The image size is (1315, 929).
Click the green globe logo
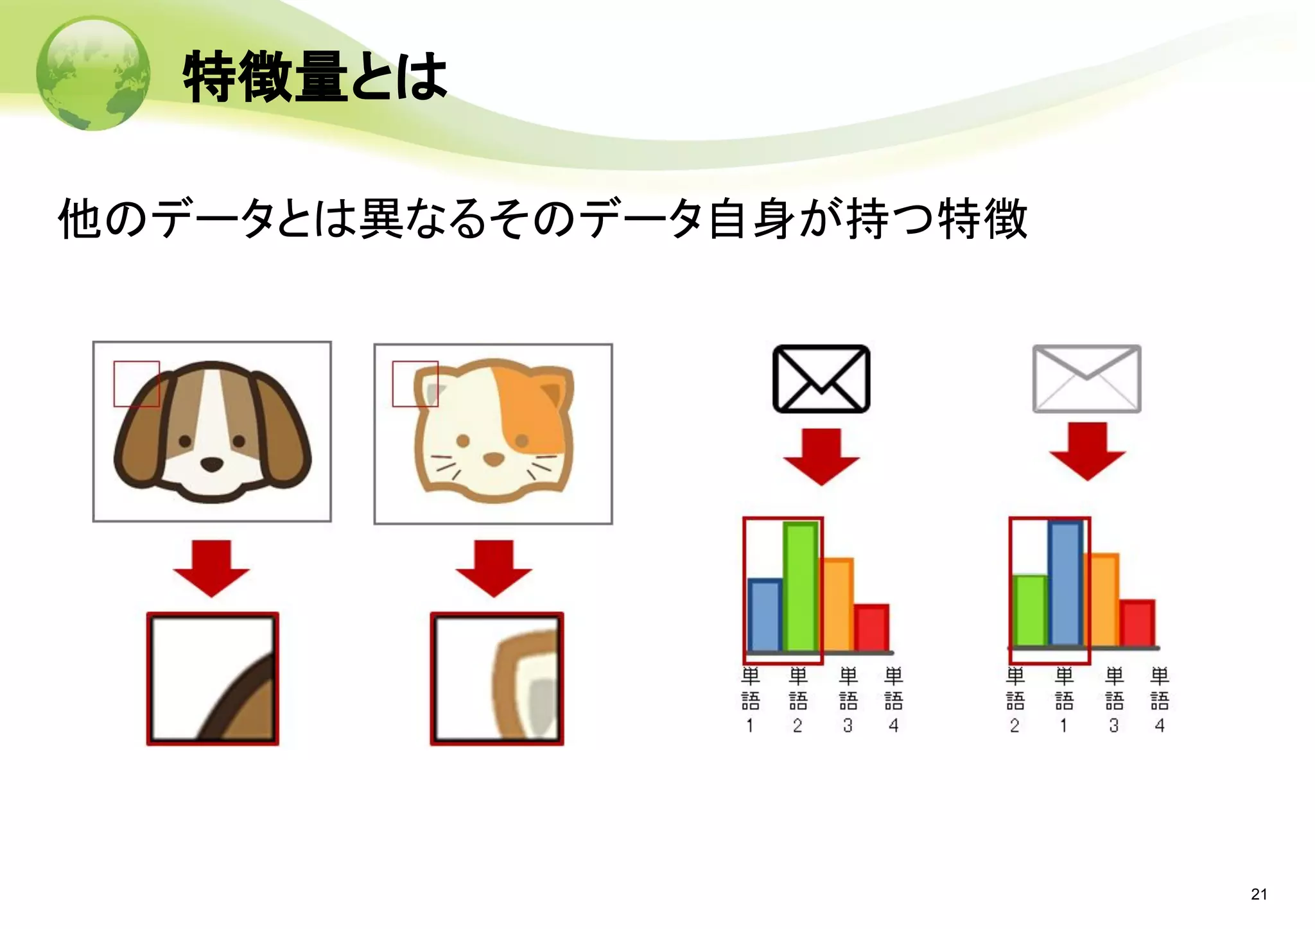(x=94, y=73)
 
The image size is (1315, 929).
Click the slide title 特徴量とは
(x=315, y=77)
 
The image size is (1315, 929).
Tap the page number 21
(x=1258, y=894)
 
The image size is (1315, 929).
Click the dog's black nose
(x=212, y=464)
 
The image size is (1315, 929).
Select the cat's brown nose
(x=493, y=459)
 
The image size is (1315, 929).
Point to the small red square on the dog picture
(x=136, y=384)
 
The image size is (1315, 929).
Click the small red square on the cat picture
(x=415, y=384)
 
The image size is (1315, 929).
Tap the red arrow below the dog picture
(x=211, y=568)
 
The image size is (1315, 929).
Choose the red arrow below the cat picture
(x=493, y=568)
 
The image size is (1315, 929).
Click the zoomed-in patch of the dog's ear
(x=213, y=679)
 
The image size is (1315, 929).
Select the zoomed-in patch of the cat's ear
(x=496, y=679)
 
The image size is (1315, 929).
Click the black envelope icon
(x=821, y=379)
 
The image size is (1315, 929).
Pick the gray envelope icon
(x=1086, y=379)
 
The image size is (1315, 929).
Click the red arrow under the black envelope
(x=821, y=456)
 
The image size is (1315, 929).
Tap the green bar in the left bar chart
(x=801, y=587)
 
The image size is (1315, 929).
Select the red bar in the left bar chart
(x=871, y=628)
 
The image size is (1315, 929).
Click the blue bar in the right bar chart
(x=1065, y=584)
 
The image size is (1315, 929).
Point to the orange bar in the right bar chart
(x=1101, y=600)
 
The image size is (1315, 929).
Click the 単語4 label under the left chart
(x=893, y=700)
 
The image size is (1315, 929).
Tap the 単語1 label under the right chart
(x=1064, y=700)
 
